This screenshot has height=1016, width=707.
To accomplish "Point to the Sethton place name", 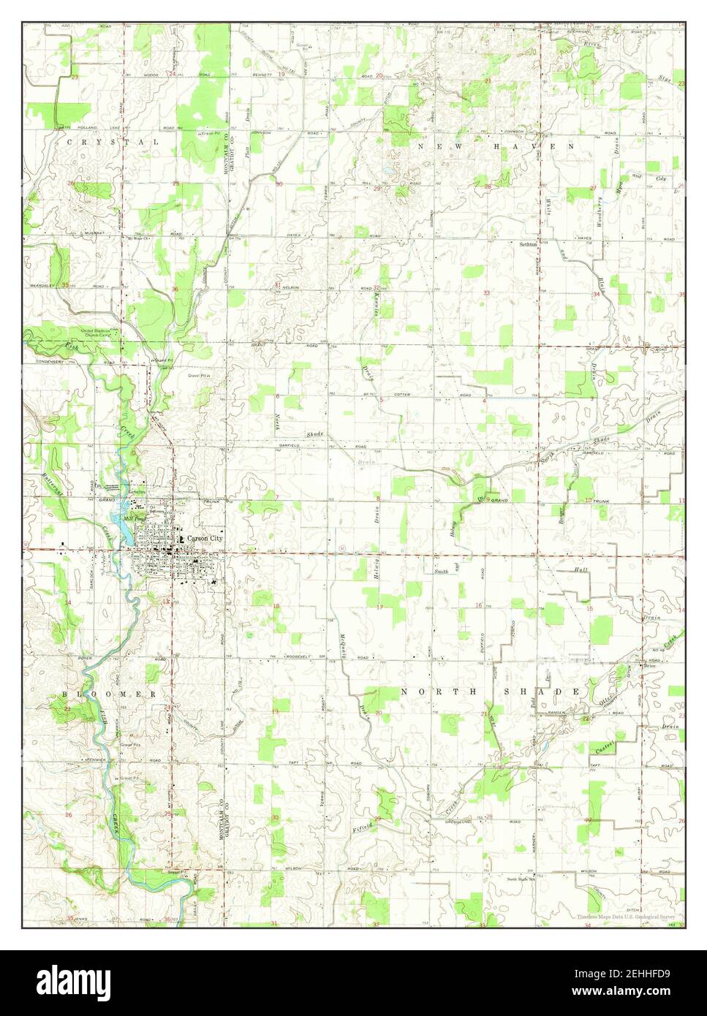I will (528, 244).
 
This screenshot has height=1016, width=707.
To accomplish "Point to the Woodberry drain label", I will (598, 216).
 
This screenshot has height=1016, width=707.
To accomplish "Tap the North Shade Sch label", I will (521, 879).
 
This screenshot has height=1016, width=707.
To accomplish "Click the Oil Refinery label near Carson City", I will (156, 509).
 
